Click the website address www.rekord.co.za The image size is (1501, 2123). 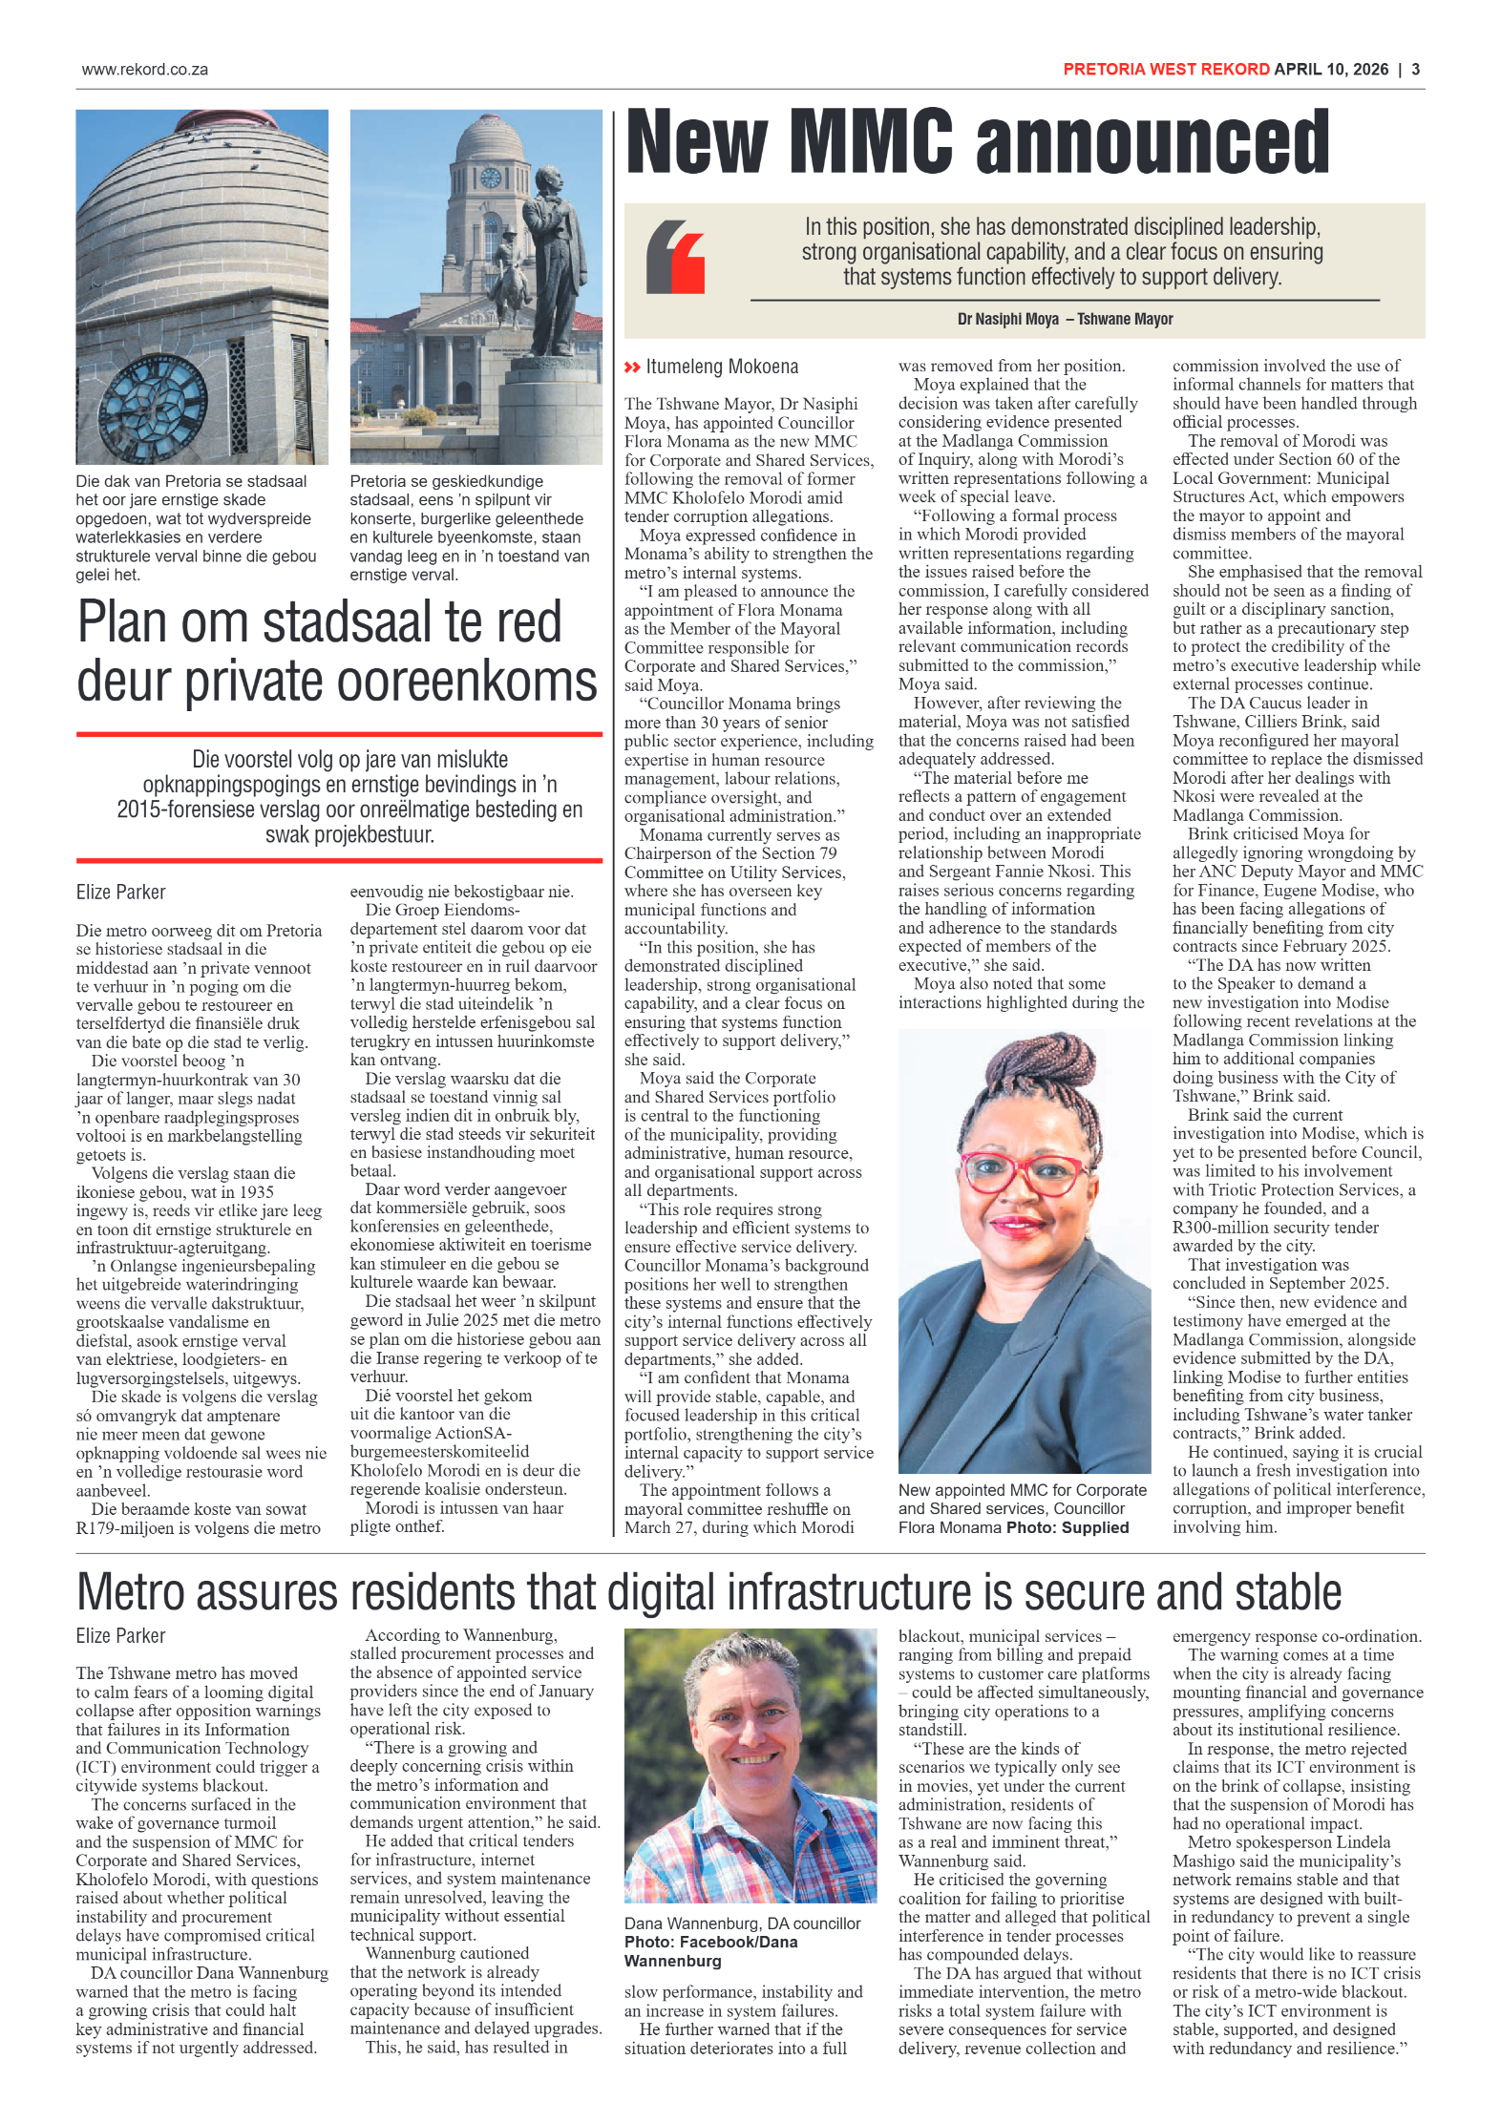click(144, 70)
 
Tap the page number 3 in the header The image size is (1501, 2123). click(1415, 70)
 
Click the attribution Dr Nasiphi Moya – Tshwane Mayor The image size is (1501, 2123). click(1065, 319)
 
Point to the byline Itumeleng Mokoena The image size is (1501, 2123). click(721, 367)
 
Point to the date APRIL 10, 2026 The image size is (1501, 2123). click(1331, 70)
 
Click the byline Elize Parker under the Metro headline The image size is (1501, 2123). click(120, 1635)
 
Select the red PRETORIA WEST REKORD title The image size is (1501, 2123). click(1166, 70)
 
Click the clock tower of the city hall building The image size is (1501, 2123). click(491, 172)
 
